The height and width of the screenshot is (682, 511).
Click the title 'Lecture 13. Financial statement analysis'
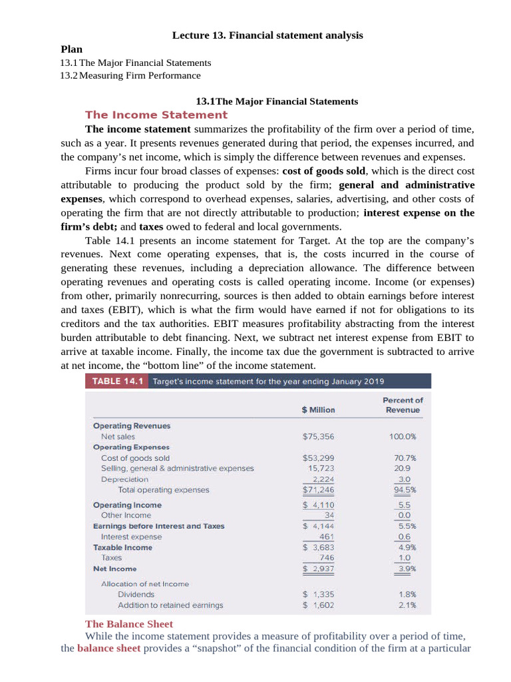267,35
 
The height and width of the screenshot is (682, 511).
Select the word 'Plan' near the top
72,49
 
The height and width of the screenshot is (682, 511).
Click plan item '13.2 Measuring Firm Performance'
130,75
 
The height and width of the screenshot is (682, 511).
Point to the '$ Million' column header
318,410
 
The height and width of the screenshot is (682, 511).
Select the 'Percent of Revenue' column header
403,405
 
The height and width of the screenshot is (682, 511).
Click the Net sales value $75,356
318,436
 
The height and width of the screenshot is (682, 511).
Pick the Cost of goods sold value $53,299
318,458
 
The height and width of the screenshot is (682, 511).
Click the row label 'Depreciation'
124,479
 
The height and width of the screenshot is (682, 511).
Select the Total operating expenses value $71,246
318,490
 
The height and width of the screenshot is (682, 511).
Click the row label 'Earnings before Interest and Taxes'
158,526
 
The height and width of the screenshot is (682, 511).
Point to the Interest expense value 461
326,536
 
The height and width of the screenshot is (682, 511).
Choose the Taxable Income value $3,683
318,547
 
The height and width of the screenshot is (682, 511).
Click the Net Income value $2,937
318,569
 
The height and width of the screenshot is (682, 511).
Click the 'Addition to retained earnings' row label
170,605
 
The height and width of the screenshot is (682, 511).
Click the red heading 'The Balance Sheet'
129,624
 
